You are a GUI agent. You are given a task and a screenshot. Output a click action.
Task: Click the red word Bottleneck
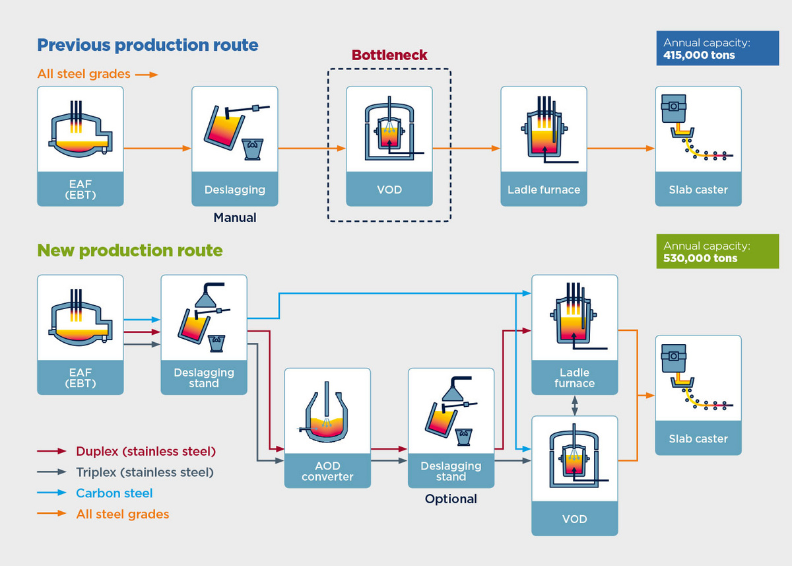pyautogui.click(x=389, y=55)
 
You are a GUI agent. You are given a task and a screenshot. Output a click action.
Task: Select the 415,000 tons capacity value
pyautogui.click(x=699, y=55)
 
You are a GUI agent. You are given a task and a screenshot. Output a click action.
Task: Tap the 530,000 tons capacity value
pyautogui.click(x=700, y=258)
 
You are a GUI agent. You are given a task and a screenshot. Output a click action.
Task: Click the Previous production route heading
pyautogui.click(x=148, y=46)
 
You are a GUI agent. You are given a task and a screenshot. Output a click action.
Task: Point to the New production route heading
pyautogui.click(x=130, y=250)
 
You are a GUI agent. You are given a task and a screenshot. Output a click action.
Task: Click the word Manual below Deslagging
pyautogui.click(x=235, y=217)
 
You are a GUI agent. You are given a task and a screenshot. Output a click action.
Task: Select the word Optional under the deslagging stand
pyautogui.click(x=451, y=499)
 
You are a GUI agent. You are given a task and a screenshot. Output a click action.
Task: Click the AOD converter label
pyautogui.click(x=327, y=471)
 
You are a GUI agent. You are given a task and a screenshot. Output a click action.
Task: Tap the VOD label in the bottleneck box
pyautogui.click(x=389, y=190)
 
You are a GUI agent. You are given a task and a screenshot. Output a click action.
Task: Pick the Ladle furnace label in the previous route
pyautogui.click(x=544, y=190)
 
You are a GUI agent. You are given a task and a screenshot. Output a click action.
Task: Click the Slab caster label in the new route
pyautogui.click(x=698, y=439)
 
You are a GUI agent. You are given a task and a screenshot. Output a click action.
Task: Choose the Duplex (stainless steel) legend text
pyautogui.click(x=146, y=451)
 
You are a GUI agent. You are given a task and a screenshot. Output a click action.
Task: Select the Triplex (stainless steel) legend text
pyautogui.click(x=145, y=472)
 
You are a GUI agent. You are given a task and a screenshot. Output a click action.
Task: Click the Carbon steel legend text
pyautogui.click(x=114, y=493)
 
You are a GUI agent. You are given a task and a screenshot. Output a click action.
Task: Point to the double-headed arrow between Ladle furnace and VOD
pyautogui.click(x=575, y=406)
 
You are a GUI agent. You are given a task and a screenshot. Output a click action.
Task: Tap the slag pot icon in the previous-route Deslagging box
pyautogui.click(x=252, y=149)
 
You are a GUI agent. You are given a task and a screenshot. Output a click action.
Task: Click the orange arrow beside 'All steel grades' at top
pyautogui.click(x=147, y=75)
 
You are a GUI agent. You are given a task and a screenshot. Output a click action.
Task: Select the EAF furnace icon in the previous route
pyautogui.click(x=81, y=129)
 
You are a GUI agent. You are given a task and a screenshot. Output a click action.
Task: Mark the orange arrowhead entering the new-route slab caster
pyautogui.click(x=650, y=396)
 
